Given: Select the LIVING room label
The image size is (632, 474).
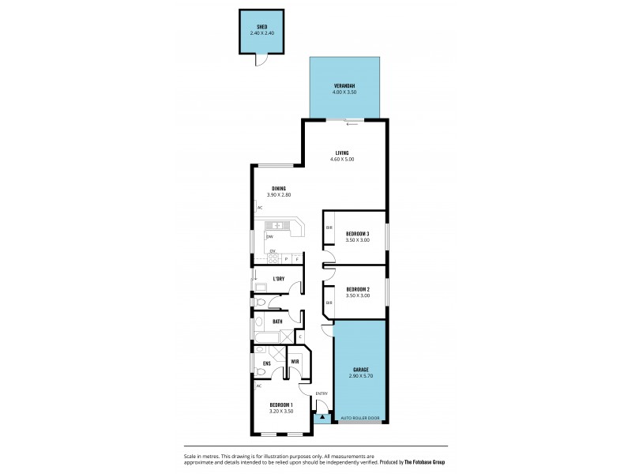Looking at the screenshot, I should point(342,153).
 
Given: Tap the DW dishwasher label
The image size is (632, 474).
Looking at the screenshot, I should point(269,237).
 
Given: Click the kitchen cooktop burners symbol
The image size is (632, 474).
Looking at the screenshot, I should point(273,258).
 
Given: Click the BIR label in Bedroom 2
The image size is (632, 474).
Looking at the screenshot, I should point(329,303).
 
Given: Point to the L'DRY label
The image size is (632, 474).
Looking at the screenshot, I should point(278,279).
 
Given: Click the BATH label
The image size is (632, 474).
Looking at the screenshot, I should point(277,322).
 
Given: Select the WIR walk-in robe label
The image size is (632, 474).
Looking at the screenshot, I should point(295,362).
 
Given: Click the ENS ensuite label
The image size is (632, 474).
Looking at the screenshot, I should point(267,363).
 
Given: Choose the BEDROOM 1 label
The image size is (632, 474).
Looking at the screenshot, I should point(281,404).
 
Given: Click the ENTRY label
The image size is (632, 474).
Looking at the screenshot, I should point(322,393).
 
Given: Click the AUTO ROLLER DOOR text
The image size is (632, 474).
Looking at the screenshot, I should point(360,418).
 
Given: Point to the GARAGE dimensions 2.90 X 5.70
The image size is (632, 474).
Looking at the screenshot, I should point(360,376).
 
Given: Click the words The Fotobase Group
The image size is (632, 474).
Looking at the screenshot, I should point(425,462).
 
